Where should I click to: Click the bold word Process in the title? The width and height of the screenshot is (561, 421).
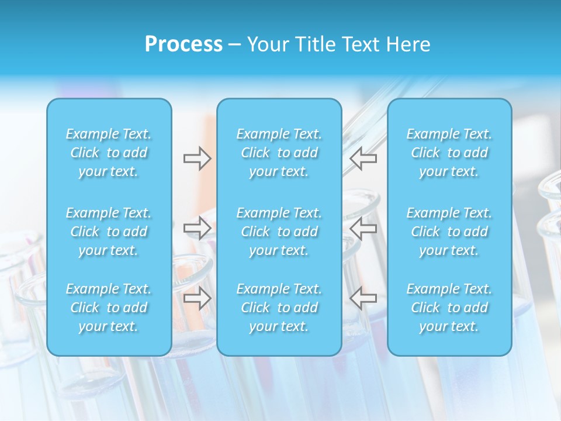tap(183, 44)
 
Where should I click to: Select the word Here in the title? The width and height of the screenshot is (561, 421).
tap(408, 44)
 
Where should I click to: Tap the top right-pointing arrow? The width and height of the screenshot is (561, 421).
tap(197, 158)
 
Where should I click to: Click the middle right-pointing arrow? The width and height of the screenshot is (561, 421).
tap(197, 228)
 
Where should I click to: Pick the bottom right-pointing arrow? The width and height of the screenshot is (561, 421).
tap(197, 298)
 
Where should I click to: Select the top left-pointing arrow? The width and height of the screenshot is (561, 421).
tap(363, 158)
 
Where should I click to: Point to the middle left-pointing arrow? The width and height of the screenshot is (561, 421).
tap(363, 228)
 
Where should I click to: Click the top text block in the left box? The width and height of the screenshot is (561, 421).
tap(109, 153)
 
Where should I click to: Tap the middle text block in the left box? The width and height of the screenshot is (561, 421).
tap(109, 232)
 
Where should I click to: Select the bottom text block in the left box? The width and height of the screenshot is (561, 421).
tap(109, 308)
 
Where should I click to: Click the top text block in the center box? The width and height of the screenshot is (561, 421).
tap(279, 153)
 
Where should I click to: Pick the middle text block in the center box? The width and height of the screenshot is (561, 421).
tap(279, 232)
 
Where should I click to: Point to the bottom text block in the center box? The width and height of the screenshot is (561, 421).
tap(279, 308)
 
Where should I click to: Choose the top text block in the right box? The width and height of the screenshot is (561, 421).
tap(449, 153)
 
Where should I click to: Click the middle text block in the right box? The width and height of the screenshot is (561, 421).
tap(449, 232)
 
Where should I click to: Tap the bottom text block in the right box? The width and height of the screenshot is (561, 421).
tap(449, 308)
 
